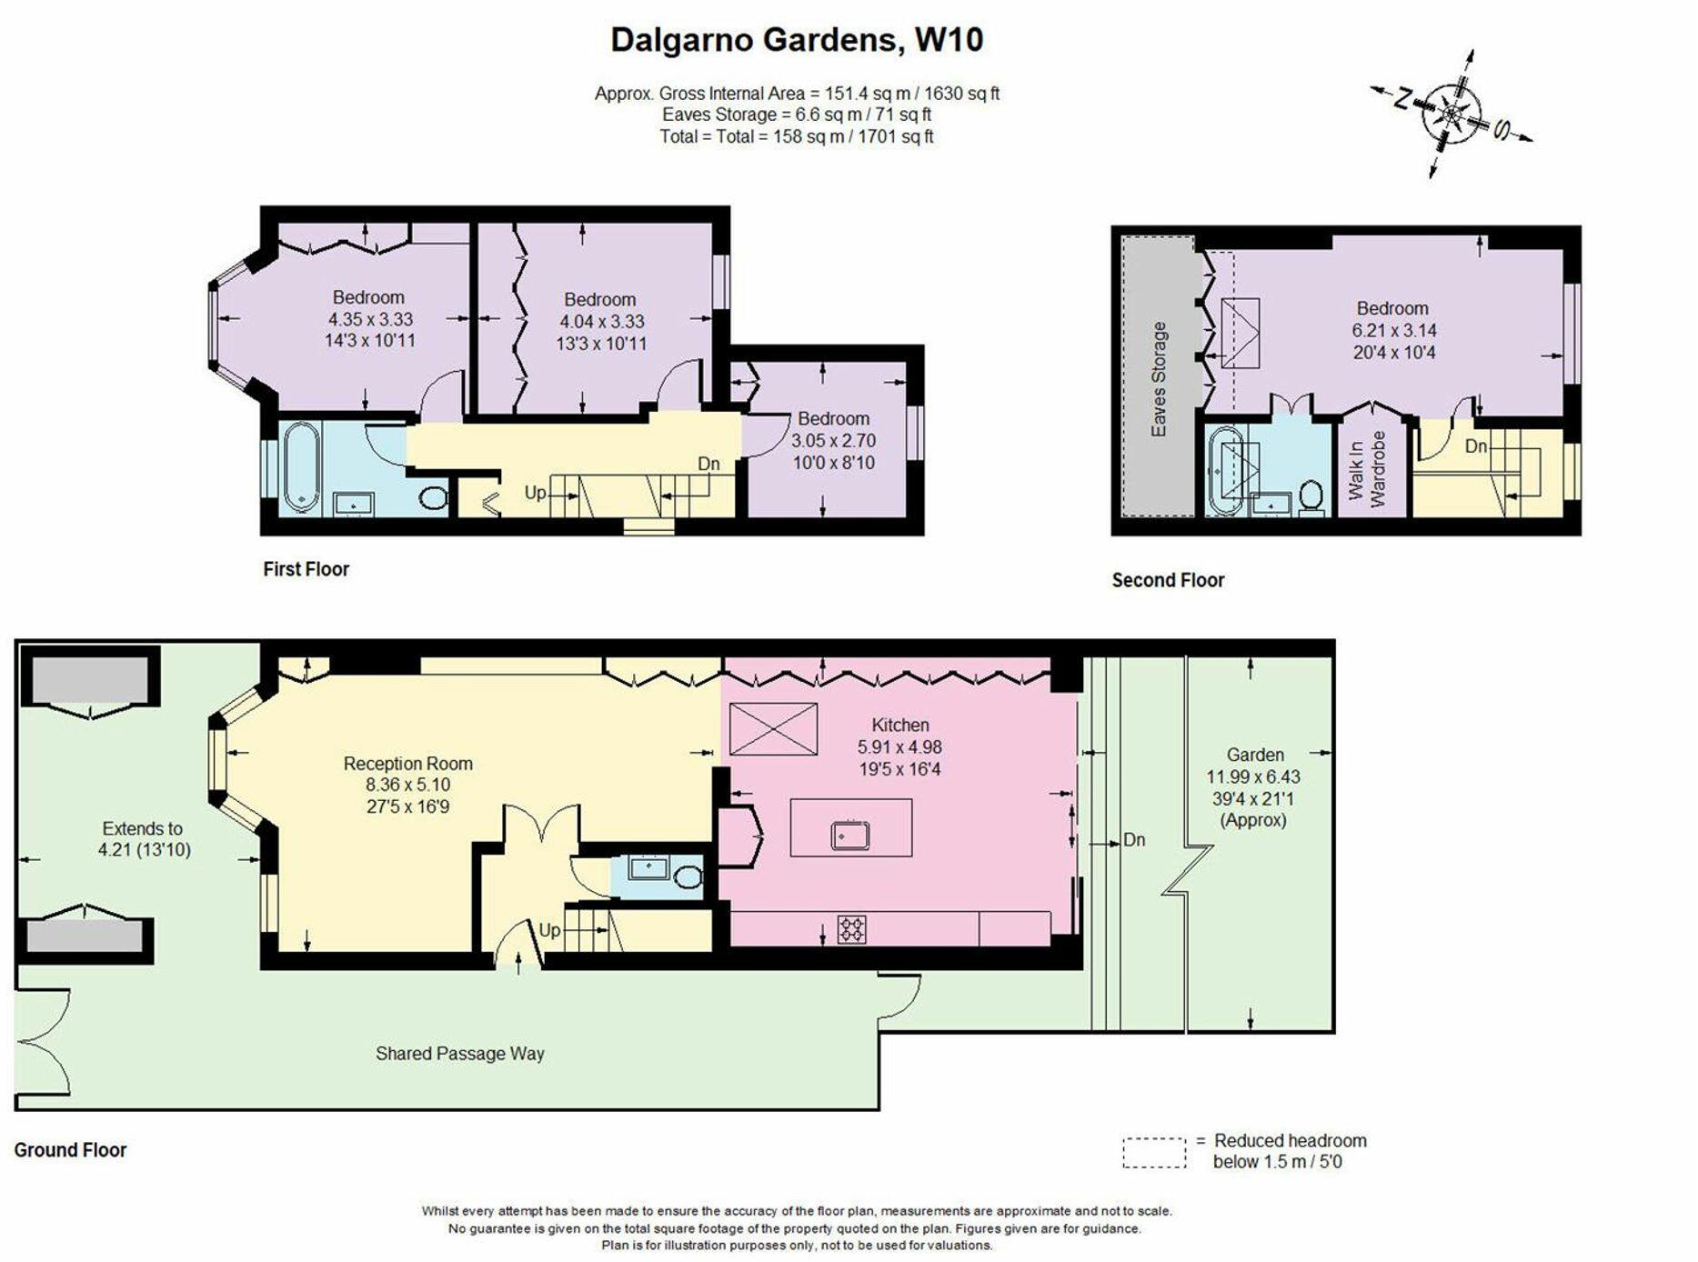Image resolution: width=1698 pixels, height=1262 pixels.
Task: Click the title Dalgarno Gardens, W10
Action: point(796,40)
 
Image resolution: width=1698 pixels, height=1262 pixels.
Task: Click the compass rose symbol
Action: point(1452,114)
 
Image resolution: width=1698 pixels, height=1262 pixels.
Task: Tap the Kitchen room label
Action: point(899,725)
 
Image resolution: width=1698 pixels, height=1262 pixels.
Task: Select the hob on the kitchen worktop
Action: point(851,928)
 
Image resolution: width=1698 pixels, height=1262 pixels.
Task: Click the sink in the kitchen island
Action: point(850,835)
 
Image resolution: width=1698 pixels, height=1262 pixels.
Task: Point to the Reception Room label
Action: point(407,764)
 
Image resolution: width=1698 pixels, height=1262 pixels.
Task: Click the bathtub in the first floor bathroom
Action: point(300,466)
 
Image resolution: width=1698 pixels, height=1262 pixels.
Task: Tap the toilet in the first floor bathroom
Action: point(435,497)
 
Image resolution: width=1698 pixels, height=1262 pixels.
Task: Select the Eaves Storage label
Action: point(1159,378)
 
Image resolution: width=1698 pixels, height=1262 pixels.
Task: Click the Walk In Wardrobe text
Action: point(1367,468)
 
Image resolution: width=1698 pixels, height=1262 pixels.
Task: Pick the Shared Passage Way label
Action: point(459,1053)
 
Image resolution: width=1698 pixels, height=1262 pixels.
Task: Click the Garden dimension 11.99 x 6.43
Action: point(1253,776)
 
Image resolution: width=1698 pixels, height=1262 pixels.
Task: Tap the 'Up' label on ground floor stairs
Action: point(549,930)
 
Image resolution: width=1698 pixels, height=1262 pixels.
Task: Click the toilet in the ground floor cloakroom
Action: point(688,876)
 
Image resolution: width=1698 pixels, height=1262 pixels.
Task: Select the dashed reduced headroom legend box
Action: point(1154,1152)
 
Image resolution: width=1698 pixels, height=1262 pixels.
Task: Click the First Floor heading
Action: point(306,569)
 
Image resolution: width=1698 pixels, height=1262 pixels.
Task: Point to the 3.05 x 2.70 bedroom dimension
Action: point(833,440)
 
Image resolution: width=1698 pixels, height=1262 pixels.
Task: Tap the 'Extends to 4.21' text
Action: point(144,839)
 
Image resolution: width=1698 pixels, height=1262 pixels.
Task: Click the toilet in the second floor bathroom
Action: point(1311,496)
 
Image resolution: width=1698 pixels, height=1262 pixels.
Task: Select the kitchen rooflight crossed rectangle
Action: point(773,729)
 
